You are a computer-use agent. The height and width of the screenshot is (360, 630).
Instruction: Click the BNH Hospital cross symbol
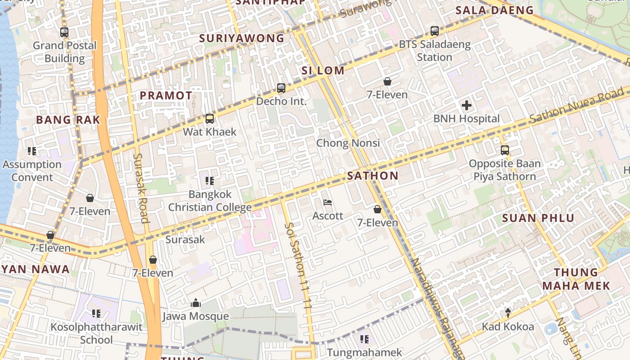tap(467, 106)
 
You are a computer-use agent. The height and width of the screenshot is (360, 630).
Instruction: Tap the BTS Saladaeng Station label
tap(435, 51)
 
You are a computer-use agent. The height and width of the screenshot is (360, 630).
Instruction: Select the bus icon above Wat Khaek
tap(210, 119)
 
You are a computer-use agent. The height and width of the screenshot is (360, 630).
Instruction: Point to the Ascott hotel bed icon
tap(328, 202)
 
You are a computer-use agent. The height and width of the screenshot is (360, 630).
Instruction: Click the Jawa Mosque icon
tap(196, 303)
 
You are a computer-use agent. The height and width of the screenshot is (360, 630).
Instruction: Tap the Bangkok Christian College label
tap(210, 201)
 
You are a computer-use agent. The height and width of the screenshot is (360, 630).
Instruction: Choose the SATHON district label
tap(373, 176)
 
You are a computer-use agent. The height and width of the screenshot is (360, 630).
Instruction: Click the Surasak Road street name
tap(141, 188)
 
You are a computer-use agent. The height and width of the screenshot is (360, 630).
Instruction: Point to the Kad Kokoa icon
tap(508, 313)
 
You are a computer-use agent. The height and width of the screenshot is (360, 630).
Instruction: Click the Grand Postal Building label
tap(65, 52)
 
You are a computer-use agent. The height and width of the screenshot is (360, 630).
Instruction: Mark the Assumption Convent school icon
tap(31, 151)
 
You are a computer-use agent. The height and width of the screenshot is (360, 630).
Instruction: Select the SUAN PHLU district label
tap(538, 219)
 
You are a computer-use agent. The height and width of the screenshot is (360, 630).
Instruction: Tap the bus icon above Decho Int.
tap(281, 88)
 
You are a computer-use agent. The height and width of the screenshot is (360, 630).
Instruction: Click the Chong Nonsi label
tap(348, 143)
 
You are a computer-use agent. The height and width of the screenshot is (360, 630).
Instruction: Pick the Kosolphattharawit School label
tap(96, 333)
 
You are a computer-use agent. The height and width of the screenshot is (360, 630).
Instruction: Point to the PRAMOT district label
tap(166, 96)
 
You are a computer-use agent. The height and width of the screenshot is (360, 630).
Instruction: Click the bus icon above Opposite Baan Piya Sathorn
tap(505, 150)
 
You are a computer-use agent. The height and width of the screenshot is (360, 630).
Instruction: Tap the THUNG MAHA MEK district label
tap(576, 279)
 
